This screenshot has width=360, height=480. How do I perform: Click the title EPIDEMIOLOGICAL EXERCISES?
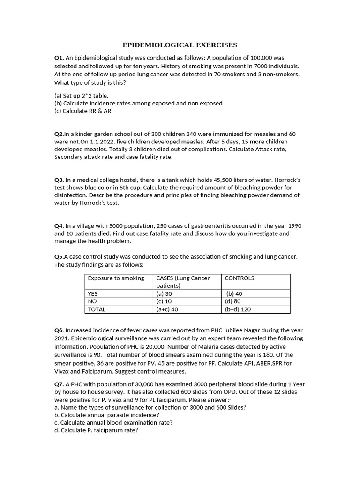180,45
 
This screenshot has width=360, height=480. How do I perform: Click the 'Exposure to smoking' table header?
116,278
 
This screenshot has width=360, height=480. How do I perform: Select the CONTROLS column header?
240,278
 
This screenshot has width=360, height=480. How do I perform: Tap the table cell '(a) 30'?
164,294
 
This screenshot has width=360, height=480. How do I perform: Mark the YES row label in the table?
93,294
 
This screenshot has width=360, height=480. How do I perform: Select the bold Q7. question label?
59,384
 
